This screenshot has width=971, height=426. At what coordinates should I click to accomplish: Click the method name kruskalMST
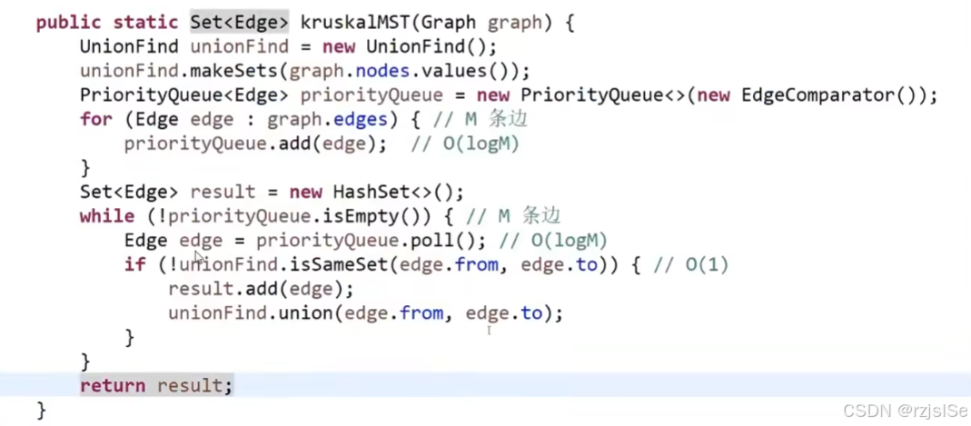coord(353,22)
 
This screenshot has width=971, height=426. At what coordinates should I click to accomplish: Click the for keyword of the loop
coord(96,119)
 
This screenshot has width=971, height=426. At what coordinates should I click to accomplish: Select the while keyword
coord(107,216)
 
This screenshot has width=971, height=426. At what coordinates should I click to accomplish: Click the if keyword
coord(135,264)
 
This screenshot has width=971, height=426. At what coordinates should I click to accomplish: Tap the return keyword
coord(113,385)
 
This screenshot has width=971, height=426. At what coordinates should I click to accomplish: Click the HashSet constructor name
coord(376,192)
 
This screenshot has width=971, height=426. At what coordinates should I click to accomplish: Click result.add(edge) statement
coord(261,289)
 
